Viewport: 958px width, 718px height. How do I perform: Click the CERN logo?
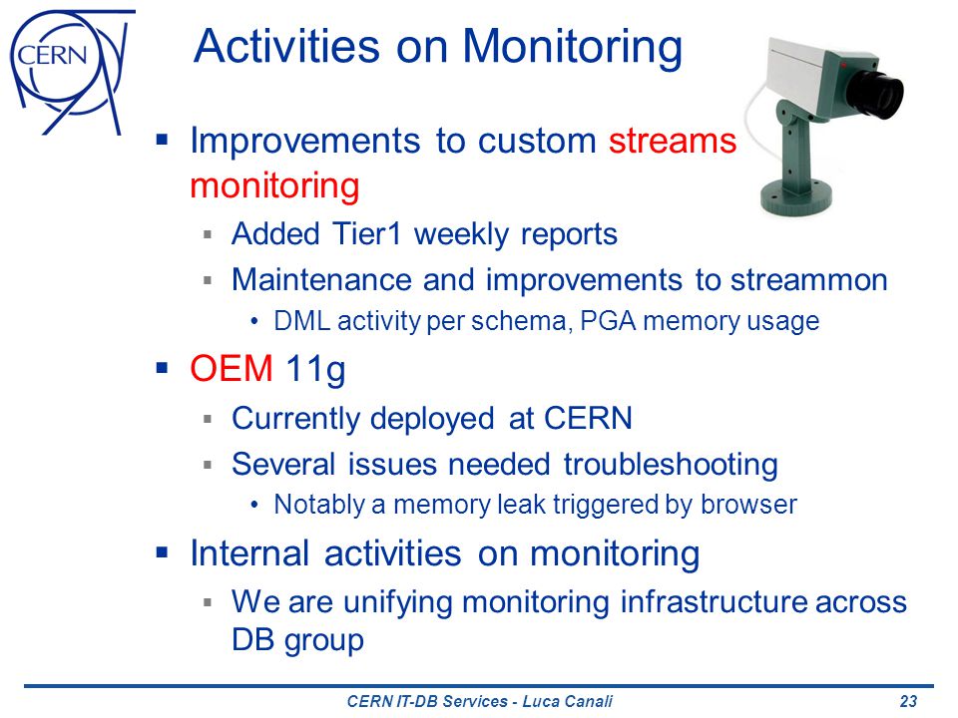(72, 72)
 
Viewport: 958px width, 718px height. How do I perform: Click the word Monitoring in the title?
(572, 47)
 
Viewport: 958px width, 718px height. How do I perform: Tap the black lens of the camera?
(874, 92)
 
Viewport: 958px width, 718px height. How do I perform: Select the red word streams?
(672, 141)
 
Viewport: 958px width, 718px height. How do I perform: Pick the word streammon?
(809, 280)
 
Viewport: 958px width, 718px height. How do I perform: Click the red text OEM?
(231, 369)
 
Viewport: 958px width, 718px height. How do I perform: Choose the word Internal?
(249, 553)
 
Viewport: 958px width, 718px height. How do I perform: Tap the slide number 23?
(908, 701)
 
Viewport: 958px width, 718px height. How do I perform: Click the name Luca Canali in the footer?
(567, 701)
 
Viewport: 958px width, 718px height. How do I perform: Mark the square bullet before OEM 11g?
(162, 368)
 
